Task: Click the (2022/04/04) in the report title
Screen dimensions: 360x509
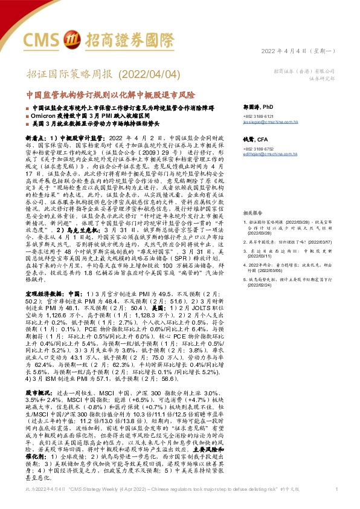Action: [x=148, y=74]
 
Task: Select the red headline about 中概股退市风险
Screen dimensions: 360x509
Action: [x=112, y=95]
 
